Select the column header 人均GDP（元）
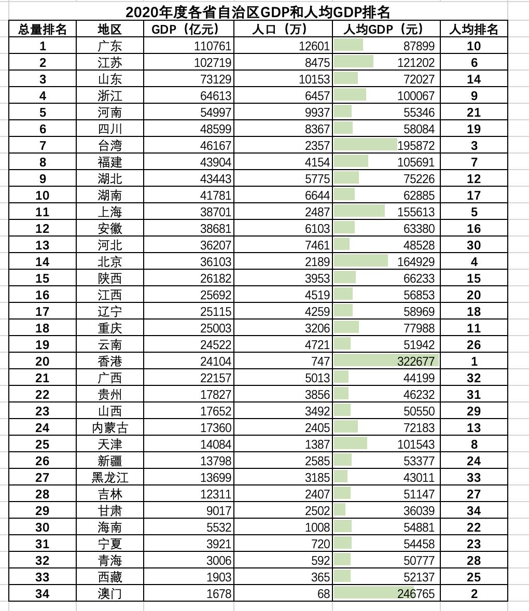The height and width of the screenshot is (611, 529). coord(384,30)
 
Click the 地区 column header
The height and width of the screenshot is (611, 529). coord(109,30)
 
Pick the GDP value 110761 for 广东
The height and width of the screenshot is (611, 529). coord(213,46)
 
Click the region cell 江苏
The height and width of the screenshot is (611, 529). coord(109,63)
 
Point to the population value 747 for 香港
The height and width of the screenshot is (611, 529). coord(319,362)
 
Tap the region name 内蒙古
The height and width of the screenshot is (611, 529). coord(109,428)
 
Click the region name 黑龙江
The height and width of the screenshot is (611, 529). coord(109,478)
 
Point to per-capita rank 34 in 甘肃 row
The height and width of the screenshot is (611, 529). coord(474,511)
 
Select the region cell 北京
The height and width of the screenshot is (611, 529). coord(109,262)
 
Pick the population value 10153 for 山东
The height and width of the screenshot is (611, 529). coord(314,79)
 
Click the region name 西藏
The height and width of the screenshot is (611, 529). coord(109,577)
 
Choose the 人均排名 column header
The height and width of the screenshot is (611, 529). coord(474,30)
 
